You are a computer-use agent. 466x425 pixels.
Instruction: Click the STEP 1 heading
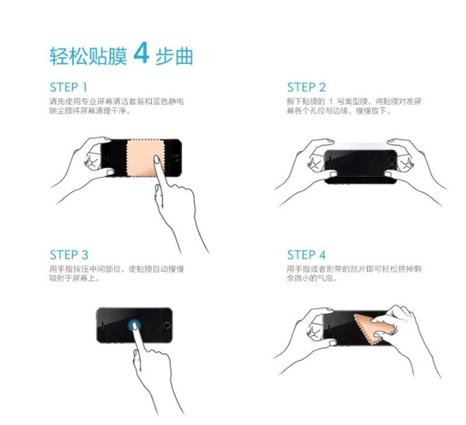pyautogui.click(x=68, y=87)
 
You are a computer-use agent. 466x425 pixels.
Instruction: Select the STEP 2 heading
pyautogui.click(x=306, y=87)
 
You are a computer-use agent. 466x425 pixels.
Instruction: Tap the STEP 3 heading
pyautogui.click(x=69, y=255)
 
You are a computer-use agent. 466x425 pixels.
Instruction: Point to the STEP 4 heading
pyautogui.click(x=306, y=255)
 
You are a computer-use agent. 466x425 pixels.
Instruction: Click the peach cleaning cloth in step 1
pyautogui.click(x=145, y=158)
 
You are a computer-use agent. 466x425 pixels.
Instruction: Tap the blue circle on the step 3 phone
pyautogui.click(x=134, y=325)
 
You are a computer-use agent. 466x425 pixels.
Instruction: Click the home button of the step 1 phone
pyautogui.click(x=176, y=158)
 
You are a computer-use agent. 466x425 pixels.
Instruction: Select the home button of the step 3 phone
pyautogui.click(x=167, y=326)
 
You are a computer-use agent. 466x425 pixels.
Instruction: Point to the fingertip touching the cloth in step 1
pyautogui.click(x=157, y=159)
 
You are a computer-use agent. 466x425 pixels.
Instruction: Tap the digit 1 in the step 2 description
pyautogui.click(x=331, y=102)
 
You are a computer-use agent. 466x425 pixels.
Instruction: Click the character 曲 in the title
pyautogui.click(x=185, y=56)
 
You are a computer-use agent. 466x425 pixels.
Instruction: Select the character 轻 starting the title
pyautogui.click(x=59, y=56)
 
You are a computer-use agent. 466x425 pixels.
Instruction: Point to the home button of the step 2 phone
pyautogui.click(x=391, y=160)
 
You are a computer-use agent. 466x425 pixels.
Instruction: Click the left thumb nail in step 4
pyautogui.click(x=333, y=343)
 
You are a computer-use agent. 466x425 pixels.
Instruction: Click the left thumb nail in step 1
pyautogui.click(x=110, y=172)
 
